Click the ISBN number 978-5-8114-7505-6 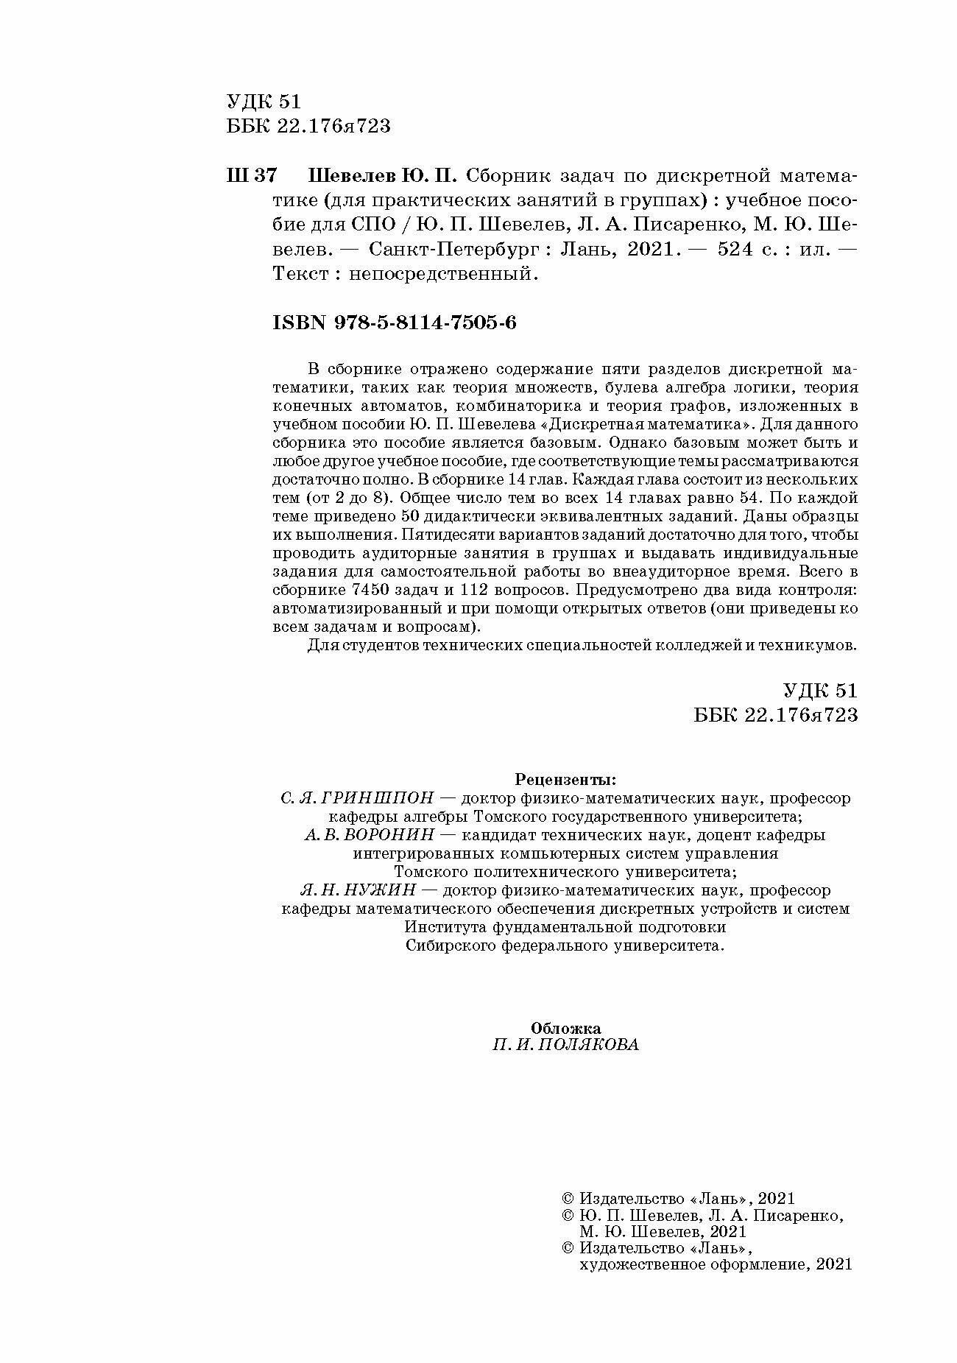(x=395, y=323)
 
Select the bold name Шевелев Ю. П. (x=382, y=177)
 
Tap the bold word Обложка (x=565, y=1028)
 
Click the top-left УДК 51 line (x=264, y=102)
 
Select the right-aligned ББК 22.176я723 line (x=776, y=715)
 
